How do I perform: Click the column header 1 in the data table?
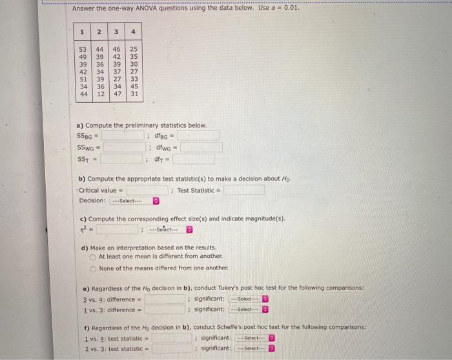pyautogui.click(x=83, y=32)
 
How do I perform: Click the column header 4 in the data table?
pyautogui.click(x=133, y=32)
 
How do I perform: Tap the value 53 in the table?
pyautogui.click(x=83, y=49)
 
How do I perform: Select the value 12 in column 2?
pyautogui.click(x=100, y=94)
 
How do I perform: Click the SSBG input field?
pyautogui.click(x=123, y=136)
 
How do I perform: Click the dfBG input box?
pyautogui.click(x=198, y=136)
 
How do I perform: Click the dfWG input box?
pyautogui.click(x=201, y=147)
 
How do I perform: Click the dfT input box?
pyautogui.click(x=193, y=159)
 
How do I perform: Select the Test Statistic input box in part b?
pyautogui.click(x=244, y=190)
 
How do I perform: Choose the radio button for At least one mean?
pyautogui.click(x=93, y=257)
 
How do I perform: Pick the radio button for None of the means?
pyautogui.click(x=93, y=268)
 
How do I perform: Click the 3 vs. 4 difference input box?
pyautogui.click(x=164, y=299)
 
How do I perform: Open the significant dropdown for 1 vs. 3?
pyautogui.click(x=252, y=310)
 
